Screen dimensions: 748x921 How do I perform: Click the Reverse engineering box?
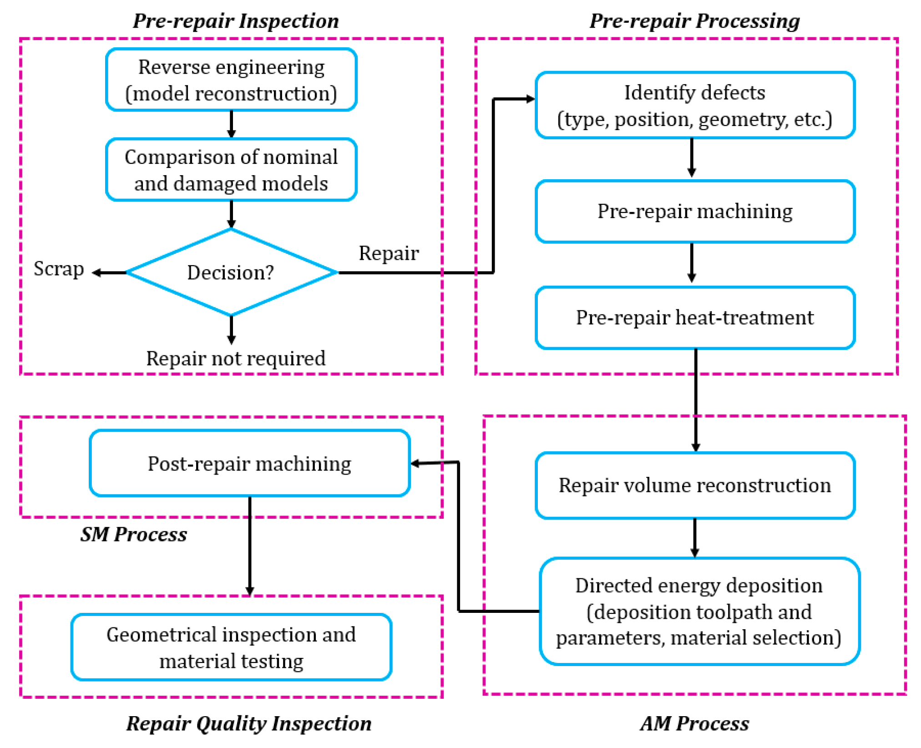[x=231, y=80]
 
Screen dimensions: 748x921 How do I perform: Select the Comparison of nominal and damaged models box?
[x=231, y=170]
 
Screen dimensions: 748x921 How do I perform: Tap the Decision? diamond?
[x=231, y=273]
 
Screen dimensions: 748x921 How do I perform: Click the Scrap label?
[x=59, y=269]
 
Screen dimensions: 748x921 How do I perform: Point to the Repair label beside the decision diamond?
[x=388, y=253]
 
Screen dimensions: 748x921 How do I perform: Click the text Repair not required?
[x=236, y=359]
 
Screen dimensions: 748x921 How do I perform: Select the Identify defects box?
[x=694, y=105]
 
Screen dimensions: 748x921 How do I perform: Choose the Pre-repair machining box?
[x=694, y=212]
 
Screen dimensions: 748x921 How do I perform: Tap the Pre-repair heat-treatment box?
[x=694, y=318]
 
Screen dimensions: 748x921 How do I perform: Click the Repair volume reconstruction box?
[x=694, y=485]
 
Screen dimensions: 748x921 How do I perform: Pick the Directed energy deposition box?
[x=698, y=611]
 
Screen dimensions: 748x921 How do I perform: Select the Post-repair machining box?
[x=249, y=464]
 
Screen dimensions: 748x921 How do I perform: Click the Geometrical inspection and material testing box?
[x=231, y=647]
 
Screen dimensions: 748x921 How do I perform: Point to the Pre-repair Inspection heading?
[x=236, y=21]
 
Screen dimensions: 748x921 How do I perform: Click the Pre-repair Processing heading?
[x=694, y=21]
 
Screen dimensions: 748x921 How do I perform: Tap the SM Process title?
[x=134, y=534]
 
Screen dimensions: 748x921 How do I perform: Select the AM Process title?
[x=694, y=723]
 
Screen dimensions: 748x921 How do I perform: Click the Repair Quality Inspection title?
[x=249, y=723]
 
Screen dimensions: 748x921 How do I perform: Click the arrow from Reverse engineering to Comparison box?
[x=231, y=124]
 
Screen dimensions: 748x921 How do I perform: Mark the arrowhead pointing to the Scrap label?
[x=96, y=273]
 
